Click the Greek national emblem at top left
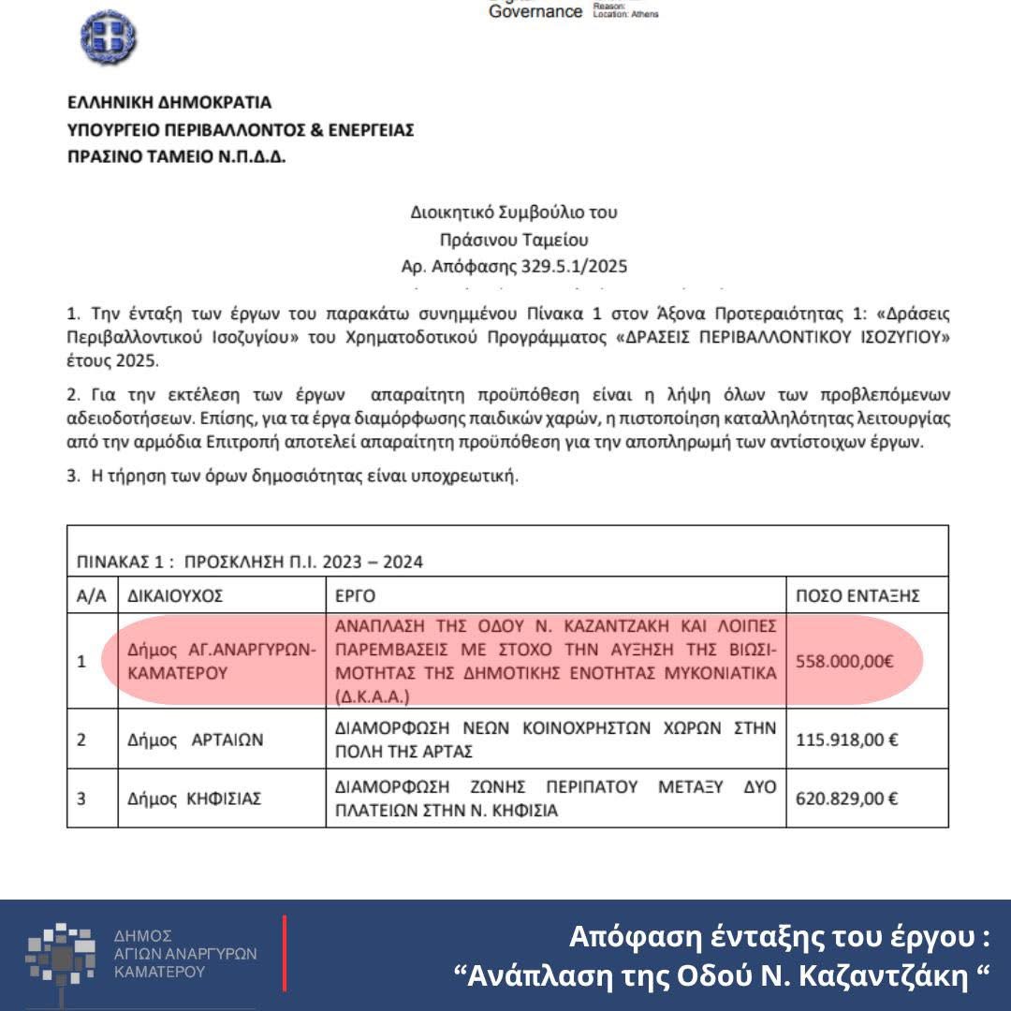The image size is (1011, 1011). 109,37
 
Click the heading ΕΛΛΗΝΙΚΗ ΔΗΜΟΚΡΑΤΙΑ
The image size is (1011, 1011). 169,102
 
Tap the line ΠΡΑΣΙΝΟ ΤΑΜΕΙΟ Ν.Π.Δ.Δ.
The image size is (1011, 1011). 177,156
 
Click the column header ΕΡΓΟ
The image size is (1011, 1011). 355,595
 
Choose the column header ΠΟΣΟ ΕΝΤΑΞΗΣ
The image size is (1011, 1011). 857,595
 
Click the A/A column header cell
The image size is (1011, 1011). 92,595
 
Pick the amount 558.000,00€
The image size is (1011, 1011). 844,661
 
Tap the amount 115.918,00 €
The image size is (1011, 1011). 846,740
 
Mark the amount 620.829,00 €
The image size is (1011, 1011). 846,799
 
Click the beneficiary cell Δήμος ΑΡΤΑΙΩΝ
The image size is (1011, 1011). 195,740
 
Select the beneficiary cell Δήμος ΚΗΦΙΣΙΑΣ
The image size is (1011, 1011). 194,799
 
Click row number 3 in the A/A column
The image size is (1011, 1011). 81,799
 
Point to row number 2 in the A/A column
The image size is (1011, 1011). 81,740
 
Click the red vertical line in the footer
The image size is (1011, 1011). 285,953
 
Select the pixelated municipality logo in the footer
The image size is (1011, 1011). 61,954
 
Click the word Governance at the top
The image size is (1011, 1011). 535,11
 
